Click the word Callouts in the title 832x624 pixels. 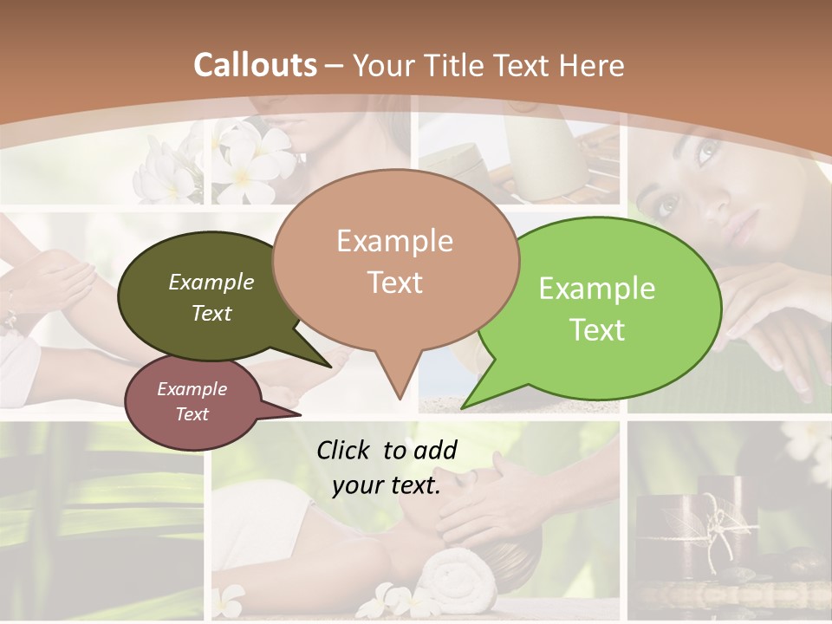[255, 65]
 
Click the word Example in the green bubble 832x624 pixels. [597, 289]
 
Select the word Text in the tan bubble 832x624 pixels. [395, 283]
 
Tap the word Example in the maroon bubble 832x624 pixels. [192, 389]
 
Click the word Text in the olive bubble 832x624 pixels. [211, 313]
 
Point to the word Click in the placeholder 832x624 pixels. [345, 450]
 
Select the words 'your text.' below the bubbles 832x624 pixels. [387, 486]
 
